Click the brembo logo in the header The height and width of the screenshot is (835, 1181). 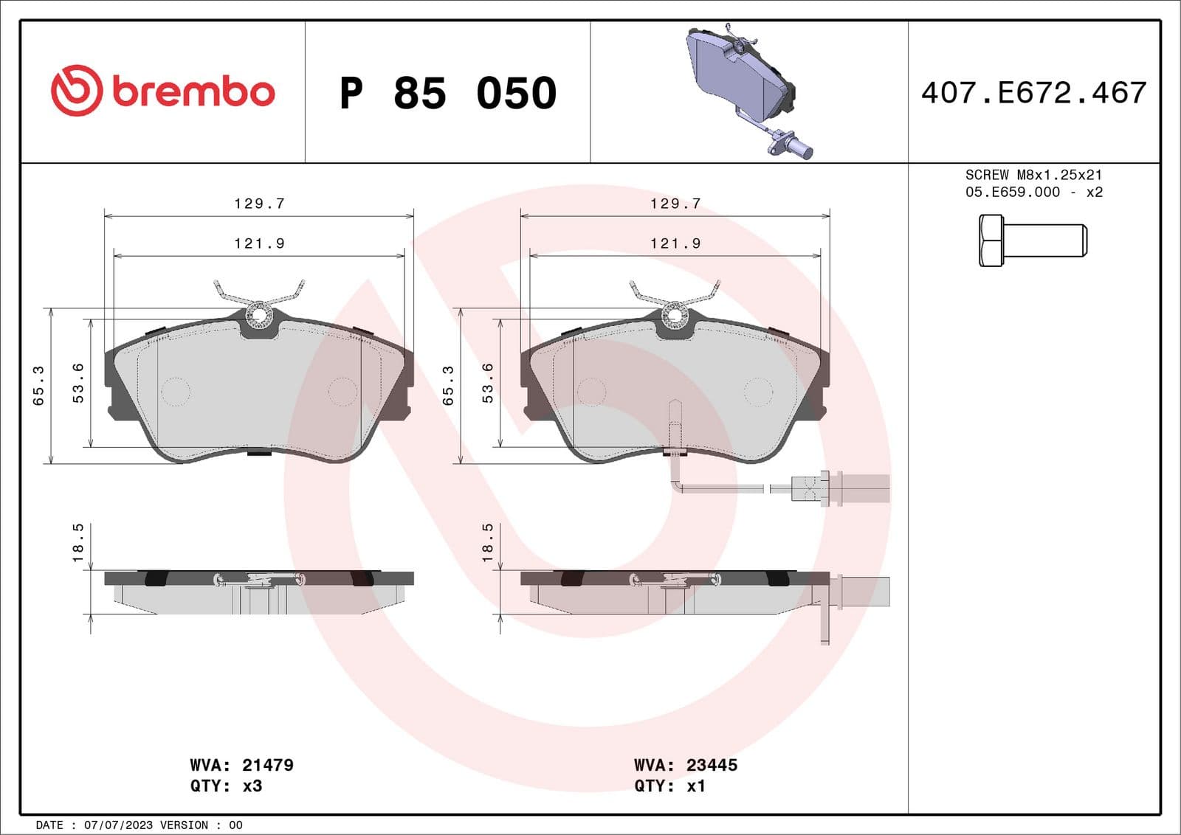(x=162, y=91)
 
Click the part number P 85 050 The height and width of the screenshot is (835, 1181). (x=447, y=94)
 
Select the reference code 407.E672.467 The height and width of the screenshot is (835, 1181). (x=1033, y=93)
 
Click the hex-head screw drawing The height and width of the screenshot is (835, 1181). (x=1032, y=240)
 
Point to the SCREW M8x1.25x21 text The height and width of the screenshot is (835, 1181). (x=1033, y=175)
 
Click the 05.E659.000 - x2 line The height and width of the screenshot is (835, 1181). (x=1033, y=192)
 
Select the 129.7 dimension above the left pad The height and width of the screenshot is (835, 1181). (x=259, y=204)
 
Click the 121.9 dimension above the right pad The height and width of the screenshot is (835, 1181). (x=675, y=243)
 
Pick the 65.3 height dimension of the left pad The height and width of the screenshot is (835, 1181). (x=39, y=386)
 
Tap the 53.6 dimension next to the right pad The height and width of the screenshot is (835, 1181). (x=488, y=383)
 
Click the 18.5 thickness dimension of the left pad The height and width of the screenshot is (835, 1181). (x=78, y=543)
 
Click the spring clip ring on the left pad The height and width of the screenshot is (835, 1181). (x=259, y=316)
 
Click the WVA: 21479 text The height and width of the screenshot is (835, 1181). (x=241, y=765)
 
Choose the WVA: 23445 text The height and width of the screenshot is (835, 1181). (x=686, y=765)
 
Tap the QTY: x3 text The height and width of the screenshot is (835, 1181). (x=226, y=786)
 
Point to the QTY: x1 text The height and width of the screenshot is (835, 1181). (x=669, y=786)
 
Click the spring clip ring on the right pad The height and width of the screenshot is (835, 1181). (x=675, y=316)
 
